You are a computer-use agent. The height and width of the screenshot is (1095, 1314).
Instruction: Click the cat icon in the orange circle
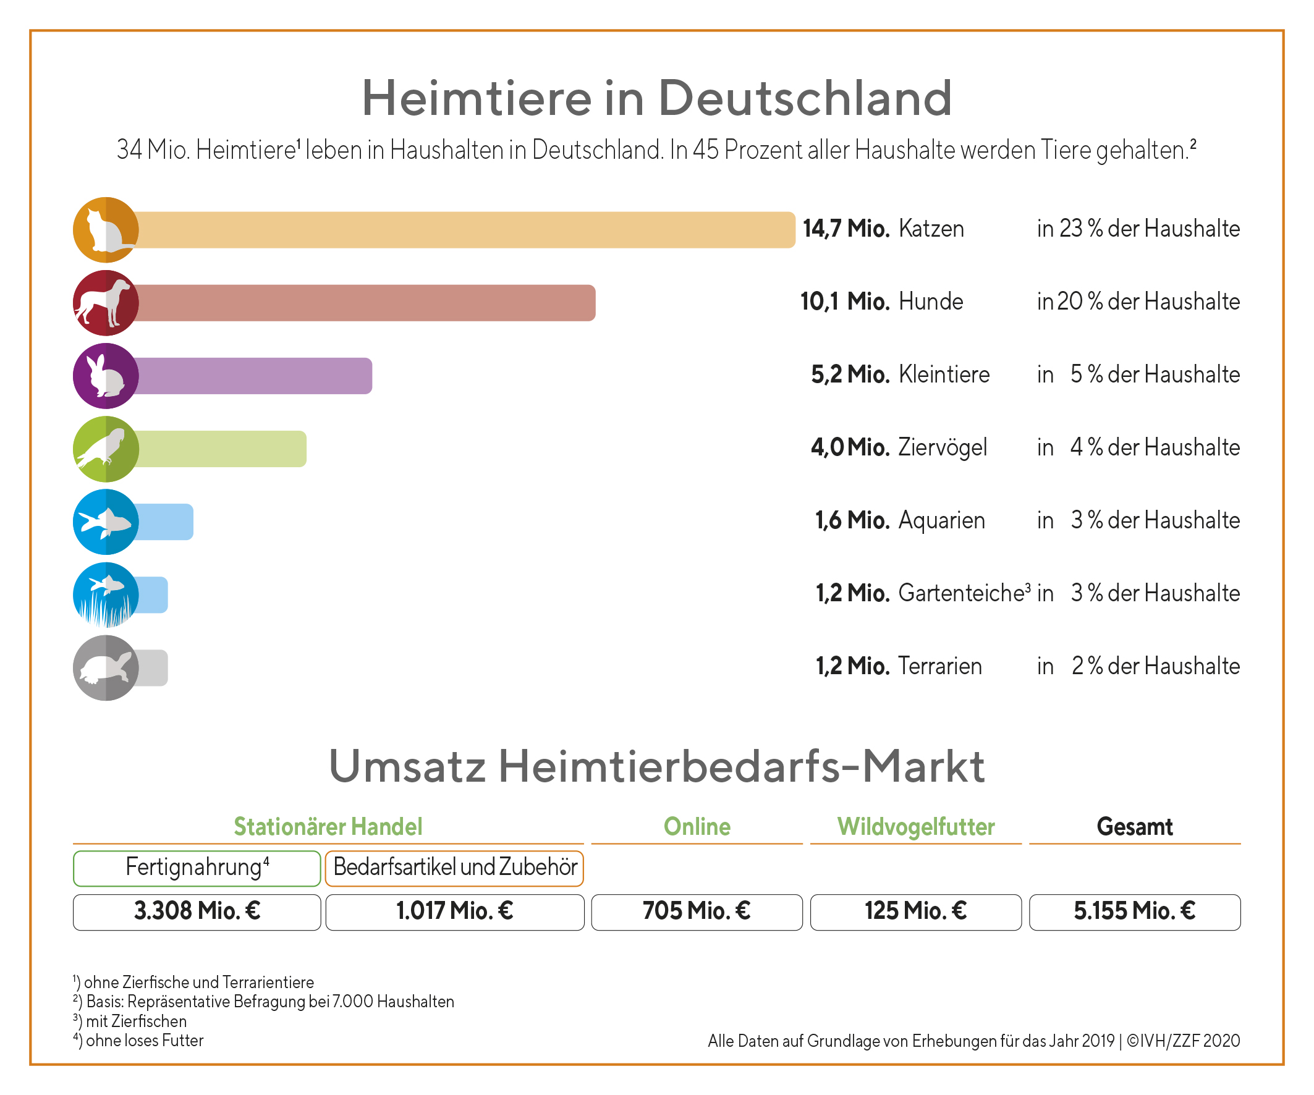pyautogui.click(x=105, y=230)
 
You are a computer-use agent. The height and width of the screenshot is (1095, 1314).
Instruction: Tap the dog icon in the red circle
pyautogui.click(x=105, y=303)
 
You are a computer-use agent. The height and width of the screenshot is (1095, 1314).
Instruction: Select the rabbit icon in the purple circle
pyautogui.click(x=105, y=376)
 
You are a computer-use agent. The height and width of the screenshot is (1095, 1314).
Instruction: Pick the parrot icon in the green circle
pyautogui.click(x=105, y=449)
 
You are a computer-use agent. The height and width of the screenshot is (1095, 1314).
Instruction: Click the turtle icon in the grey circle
pyautogui.click(x=105, y=667)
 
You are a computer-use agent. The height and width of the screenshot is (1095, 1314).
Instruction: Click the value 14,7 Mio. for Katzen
pyautogui.click(x=846, y=229)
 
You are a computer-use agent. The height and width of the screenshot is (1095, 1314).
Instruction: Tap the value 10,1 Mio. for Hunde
pyautogui.click(x=845, y=302)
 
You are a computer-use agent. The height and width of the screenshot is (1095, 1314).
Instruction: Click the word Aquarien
pyautogui.click(x=942, y=520)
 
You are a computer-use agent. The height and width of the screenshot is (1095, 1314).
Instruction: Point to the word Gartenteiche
pyautogui.click(x=961, y=593)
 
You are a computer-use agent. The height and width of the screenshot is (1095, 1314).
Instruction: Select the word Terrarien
pyautogui.click(x=940, y=666)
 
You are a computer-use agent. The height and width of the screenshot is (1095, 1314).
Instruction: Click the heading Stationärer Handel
pyautogui.click(x=328, y=827)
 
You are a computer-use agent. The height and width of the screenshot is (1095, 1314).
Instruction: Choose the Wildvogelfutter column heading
pyautogui.click(x=916, y=827)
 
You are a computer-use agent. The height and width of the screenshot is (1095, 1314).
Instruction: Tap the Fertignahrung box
pyautogui.click(x=197, y=868)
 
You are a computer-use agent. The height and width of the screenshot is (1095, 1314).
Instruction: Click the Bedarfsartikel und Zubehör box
pyautogui.click(x=455, y=868)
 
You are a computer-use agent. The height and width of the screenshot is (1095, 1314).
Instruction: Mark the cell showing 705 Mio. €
pyautogui.click(x=697, y=911)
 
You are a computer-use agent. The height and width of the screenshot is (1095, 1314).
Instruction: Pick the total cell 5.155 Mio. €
pyautogui.click(x=1134, y=911)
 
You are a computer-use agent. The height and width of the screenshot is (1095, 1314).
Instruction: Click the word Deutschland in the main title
pyautogui.click(x=805, y=98)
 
